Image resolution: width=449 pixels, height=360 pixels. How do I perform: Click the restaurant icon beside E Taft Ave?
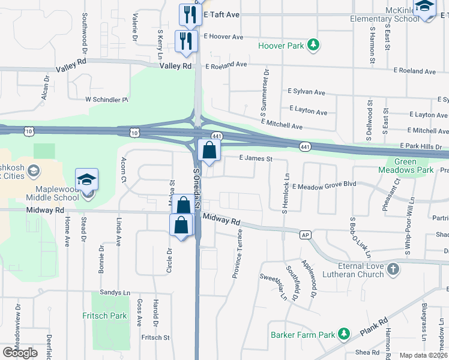coord(189,15)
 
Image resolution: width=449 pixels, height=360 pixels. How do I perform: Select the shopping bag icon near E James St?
coord(209,151)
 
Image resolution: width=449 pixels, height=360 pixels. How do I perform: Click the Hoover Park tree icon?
coord(313,45)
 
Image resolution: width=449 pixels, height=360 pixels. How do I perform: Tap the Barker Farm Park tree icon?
coord(343,333)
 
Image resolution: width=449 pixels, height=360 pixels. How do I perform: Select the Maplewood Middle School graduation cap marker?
coord(86,179)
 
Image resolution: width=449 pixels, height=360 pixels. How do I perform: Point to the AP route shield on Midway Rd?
coord(306,235)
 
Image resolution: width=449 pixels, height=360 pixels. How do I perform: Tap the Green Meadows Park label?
coord(414,166)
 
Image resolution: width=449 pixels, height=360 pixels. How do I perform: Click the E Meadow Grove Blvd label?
coord(324,187)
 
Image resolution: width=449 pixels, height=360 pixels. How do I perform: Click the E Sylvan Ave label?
coord(306,92)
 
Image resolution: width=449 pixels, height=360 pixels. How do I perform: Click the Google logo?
coord(20,353)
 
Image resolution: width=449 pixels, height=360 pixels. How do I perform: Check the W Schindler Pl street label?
coord(107,99)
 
